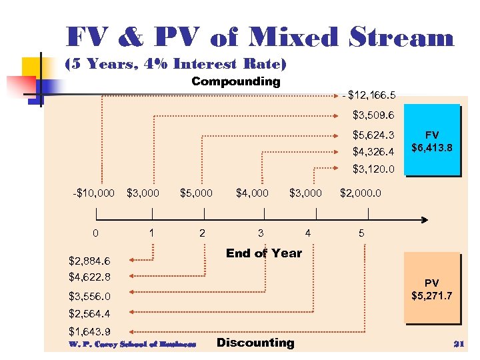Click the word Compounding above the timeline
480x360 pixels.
(235, 82)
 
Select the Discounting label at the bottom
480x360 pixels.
(255, 343)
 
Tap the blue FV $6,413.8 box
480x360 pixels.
(432, 141)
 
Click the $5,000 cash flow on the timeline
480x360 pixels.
(196, 193)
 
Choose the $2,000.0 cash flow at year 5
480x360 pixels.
(361, 193)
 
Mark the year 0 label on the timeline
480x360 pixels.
(96, 233)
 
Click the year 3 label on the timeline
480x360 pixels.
(261, 233)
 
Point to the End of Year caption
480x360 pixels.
(263, 253)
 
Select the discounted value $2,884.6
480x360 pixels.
(89, 261)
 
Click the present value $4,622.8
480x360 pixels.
(89, 276)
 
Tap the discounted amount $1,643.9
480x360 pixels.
(89, 331)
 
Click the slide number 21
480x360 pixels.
(457, 344)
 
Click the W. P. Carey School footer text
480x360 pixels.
(132, 344)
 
